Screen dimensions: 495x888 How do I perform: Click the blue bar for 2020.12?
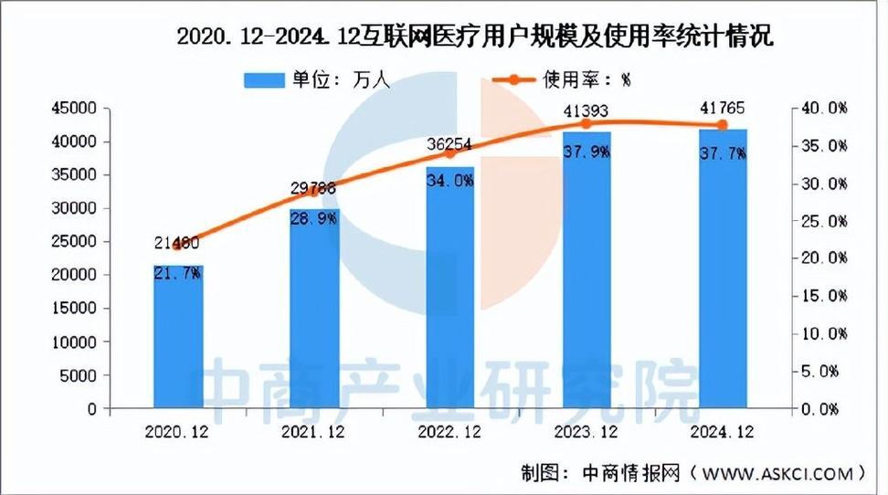pyautogui.click(x=177, y=338)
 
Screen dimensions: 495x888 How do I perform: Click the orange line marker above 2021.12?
pyautogui.click(x=314, y=190)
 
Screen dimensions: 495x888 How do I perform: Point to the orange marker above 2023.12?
pyautogui.click(x=587, y=122)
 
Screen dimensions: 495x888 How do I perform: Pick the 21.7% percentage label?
pyautogui.click(x=178, y=273)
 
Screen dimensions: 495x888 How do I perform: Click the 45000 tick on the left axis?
pyautogui.click(x=78, y=109)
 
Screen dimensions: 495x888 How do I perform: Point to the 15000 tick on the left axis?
pyautogui.click(x=78, y=309)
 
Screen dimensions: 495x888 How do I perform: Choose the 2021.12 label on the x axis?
pyautogui.click(x=314, y=429)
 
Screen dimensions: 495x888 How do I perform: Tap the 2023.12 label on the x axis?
pyautogui.click(x=587, y=429)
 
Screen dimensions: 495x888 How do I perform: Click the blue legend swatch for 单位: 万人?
pyautogui.click(x=265, y=79)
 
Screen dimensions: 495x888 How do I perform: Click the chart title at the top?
pyautogui.click(x=474, y=37)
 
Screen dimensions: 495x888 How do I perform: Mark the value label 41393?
pyautogui.click(x=587, y=112)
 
